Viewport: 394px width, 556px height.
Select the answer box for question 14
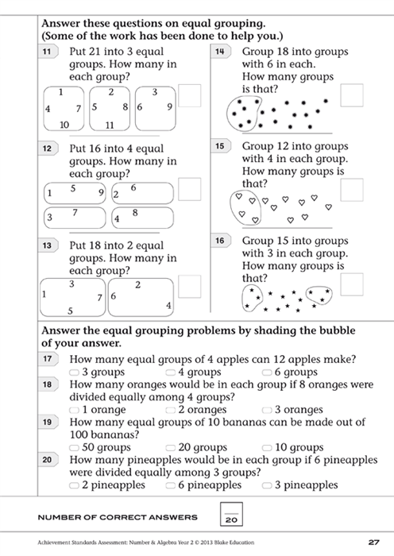tap(351, 95)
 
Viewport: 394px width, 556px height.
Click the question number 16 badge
tap(219, 241)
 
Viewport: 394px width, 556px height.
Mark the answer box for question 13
tap(189, 286)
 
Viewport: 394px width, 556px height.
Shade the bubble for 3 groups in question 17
tap(75, 372)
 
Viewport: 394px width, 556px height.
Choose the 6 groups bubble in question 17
tap(268, 372)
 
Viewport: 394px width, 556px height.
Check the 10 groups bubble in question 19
tap(268, 447)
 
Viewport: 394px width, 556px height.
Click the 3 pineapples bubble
tap(268, 485)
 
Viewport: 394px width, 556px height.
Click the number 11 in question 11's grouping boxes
tap(110, 125)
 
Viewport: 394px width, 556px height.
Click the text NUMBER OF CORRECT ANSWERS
tap(118, 517)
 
